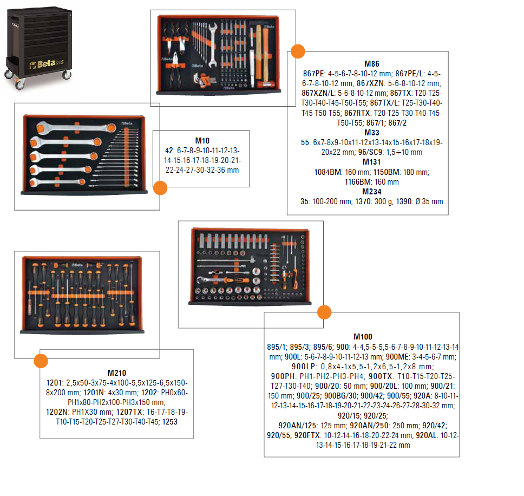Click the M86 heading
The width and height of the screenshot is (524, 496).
point(371,64)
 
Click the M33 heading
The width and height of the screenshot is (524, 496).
point(371,133)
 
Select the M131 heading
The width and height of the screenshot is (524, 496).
point(371,162)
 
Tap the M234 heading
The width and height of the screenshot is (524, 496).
point(371,192)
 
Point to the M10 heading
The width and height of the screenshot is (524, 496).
point(202,141)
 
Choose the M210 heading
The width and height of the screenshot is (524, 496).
point(116,373)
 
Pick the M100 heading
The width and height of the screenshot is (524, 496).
point(363,337)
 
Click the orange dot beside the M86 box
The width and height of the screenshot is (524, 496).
point(298,51)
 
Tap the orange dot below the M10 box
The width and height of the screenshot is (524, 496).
point(160,188)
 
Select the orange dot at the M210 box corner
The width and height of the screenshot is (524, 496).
point(41,361)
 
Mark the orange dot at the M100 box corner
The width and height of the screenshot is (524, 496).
point(324,312)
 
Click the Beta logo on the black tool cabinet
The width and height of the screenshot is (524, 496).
point(46,64)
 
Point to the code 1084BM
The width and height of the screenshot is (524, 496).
point(328,173)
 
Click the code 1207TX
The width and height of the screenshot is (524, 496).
point(129,413)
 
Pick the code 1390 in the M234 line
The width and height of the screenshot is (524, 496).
point(404,201)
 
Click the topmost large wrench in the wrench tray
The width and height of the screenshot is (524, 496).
point(76,127)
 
